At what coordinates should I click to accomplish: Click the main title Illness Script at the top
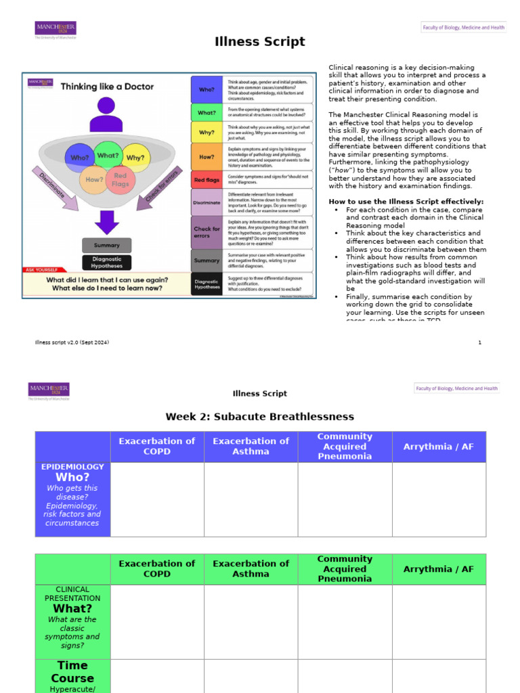(260, 42)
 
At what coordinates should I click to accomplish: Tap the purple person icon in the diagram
(106, 115)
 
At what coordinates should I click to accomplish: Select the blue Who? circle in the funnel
(79, 158)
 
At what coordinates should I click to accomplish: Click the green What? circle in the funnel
(108, 156)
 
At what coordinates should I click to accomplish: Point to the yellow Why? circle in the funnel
(135, 158)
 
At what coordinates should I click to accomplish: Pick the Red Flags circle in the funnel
(120, 180)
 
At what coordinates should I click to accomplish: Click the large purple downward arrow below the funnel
(106, 222)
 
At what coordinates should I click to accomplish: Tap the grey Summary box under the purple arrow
(106, 245)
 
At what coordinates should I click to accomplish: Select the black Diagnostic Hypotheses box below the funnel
(106, 263)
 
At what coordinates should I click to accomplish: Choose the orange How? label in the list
(206, 156)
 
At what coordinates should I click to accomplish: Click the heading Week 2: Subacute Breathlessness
(260, 416)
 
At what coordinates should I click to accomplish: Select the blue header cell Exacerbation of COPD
(157, 446)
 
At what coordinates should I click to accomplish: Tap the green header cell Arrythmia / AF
(439, 569)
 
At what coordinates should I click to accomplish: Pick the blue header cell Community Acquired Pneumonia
(345, 446)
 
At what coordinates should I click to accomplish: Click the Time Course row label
(72, 672)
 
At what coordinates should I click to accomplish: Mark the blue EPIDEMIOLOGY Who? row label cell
(72, 499)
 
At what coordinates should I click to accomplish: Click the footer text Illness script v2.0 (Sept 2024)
(72, 342)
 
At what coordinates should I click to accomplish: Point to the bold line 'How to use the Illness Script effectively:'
(406, 202)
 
